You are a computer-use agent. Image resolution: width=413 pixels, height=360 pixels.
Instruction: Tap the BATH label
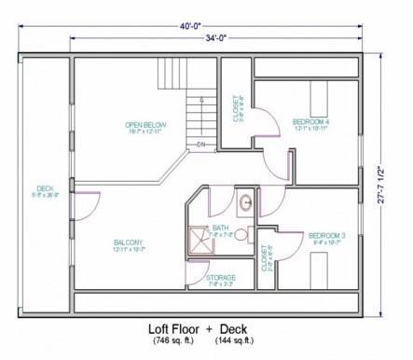tap(220, 228)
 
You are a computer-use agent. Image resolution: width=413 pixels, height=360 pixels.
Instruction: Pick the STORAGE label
tap(221, 277)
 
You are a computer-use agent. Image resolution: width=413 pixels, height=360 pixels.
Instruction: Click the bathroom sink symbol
tap(245, 201)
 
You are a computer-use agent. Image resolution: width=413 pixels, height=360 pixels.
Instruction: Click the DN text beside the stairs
tap(200, 145)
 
